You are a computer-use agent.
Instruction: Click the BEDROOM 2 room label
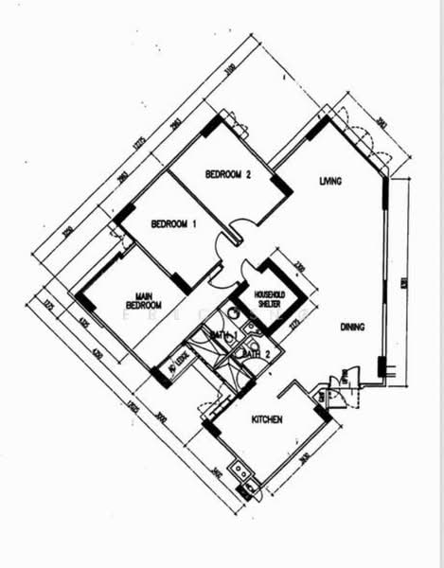227,174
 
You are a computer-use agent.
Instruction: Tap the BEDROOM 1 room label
173,224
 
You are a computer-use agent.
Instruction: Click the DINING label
351,327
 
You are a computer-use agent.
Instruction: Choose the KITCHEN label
266,418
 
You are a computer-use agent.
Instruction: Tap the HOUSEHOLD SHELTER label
269,298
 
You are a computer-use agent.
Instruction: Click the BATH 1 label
222,335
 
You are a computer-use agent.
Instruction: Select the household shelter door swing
247,268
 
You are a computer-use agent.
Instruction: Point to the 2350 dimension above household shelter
296,268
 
